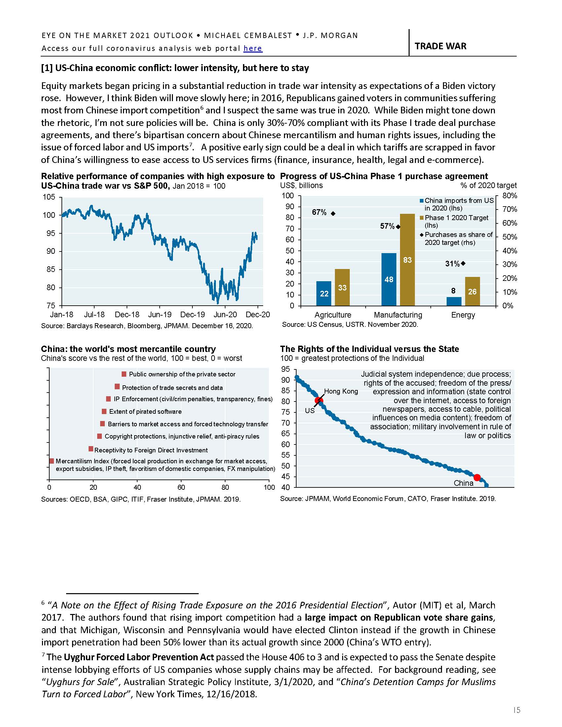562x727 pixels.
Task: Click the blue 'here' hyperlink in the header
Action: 253,48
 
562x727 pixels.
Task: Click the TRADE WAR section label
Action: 440,46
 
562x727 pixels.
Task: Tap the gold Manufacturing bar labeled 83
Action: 407,260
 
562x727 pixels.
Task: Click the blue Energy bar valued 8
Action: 454,301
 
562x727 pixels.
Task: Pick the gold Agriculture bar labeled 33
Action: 342,287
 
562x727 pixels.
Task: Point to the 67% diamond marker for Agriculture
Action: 333,213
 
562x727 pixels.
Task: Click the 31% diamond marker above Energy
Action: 463,263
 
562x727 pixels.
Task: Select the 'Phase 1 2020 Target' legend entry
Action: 456,218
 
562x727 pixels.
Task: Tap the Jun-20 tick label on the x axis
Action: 225,315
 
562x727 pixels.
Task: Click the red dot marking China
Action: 477,478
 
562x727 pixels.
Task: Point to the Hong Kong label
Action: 341,391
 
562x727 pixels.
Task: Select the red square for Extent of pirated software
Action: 104,412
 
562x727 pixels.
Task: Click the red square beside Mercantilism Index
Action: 52,461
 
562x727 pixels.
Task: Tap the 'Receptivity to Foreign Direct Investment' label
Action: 151,450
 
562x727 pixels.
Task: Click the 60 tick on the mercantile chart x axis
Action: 181,488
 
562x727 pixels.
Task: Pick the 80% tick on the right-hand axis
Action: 509,196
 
